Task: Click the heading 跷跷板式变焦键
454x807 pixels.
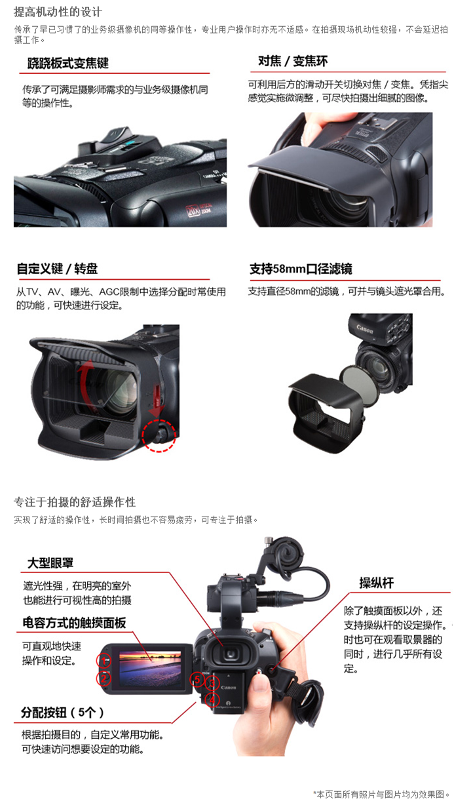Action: (x=68, y=64)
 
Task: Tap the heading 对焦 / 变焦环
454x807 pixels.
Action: (x=293, y=61)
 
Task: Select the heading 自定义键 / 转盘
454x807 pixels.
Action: (x=57, y=269)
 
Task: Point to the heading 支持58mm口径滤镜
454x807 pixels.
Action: (x=301, y=269)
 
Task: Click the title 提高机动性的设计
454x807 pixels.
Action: (x=58, y=12)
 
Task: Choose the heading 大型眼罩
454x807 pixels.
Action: (x=50, y=562)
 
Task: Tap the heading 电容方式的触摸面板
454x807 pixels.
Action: (x=74, y=623)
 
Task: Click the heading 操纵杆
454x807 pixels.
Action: (x=376, y=583)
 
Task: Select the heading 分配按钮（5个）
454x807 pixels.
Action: (x=63, y=712)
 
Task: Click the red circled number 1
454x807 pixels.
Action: (x=104, y=661)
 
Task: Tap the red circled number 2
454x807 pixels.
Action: (x=104, y=679)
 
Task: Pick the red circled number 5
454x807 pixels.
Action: (x=197, y=679)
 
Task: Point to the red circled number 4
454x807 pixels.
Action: (x=212, y=699)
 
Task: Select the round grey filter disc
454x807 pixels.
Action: (x=358, y=384)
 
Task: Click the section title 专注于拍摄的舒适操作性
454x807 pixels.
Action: (x=75, y=502)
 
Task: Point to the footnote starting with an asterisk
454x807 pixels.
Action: (x=382, y=794)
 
